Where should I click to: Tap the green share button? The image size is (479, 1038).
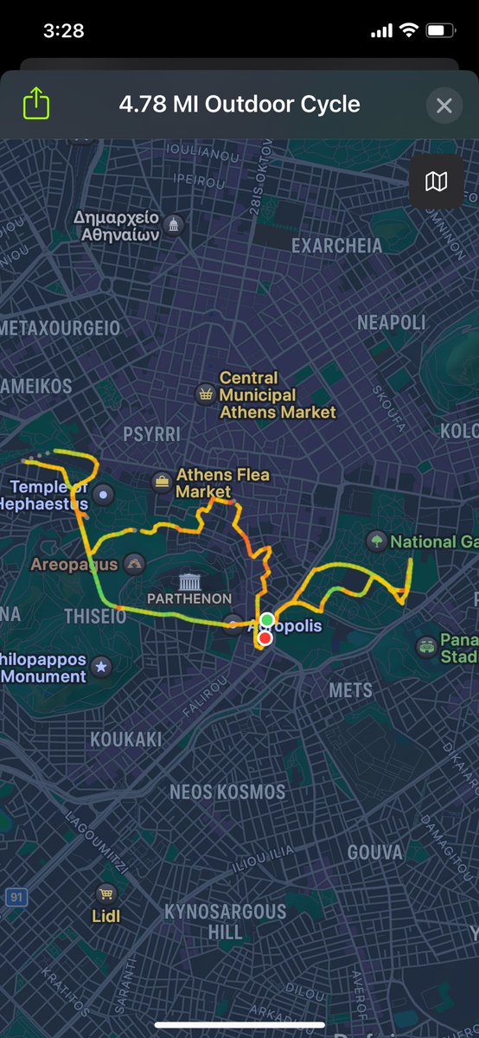click(x=35, y=105)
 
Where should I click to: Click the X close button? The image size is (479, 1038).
click(x=444, y=106)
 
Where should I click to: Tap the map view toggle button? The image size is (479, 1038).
click(x=437, y=181)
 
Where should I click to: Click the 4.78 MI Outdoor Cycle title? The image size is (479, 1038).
click(x=239, y=106)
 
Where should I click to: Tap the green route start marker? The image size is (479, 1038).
click(x=267, y=619)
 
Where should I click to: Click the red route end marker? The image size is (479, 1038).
click(x=265, y=638)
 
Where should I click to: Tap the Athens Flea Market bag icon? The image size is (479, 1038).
click(x=162, y=483)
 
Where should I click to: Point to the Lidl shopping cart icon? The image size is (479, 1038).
click(x=105, y=893)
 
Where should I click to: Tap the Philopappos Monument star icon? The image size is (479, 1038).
click(x=101, y=666)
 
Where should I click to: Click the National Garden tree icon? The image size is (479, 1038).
click(x=375, y=541)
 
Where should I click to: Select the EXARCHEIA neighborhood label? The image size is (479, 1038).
click(x=336, y=246)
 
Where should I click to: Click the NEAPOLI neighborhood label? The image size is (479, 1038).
click(x=392, y=323)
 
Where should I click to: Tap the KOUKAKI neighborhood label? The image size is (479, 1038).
click(x=125, y=739)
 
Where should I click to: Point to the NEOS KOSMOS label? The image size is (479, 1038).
click(x=227, y=791)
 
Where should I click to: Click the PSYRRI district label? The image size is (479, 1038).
click(x=151, y=433)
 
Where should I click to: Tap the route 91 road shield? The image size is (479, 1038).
click(x=15, y=897)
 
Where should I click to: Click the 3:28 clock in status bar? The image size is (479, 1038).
click(x=63, y=30)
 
